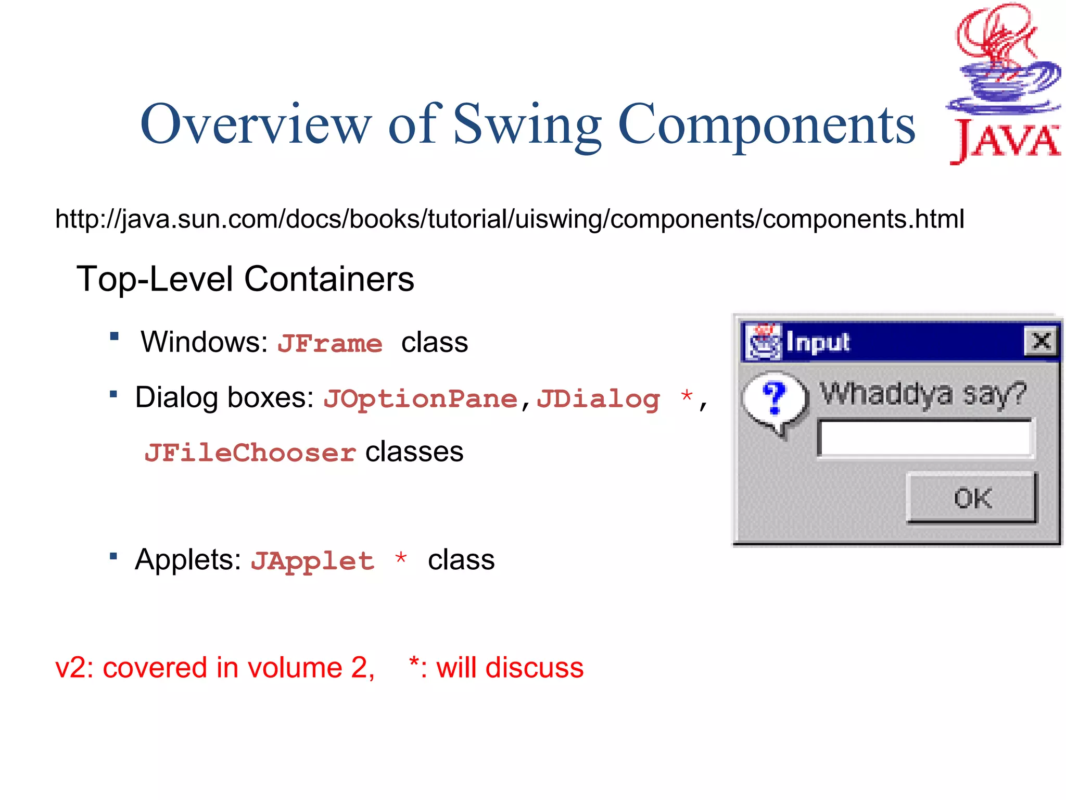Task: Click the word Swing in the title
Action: (x=527, y=125)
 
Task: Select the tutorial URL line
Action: (x=510, y=219)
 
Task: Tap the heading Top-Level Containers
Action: (x=245, y=279)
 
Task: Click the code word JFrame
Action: (x=329, y=344)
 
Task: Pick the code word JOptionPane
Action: (x=420, y=399)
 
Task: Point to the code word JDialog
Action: (x=598, y=399)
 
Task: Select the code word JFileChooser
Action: (x=250, y=453)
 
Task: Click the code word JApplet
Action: (x=312, y=561)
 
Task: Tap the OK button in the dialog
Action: (x=972, y=498)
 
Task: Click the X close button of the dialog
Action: (x=1041, y=341)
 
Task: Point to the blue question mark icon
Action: (x=775, y=398)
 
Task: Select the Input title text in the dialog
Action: (x=817, y=342)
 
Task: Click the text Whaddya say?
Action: (x=923, y=394)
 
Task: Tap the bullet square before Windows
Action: (x=115, y=336)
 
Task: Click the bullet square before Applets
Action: (x=113, y=556)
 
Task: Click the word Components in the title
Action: (x=766, y=125)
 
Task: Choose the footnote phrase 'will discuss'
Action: (x=510, y=668)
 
